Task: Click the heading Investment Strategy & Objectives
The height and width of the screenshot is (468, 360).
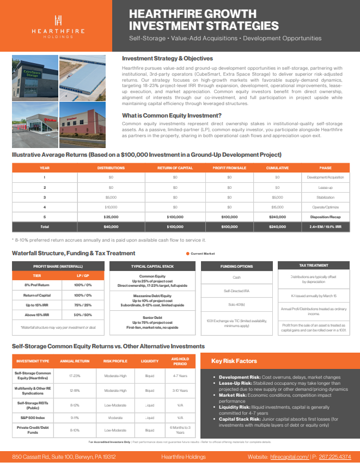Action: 167,58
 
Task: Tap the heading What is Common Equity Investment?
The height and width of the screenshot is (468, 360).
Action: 172,115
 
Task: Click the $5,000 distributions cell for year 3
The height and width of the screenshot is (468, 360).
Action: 111,197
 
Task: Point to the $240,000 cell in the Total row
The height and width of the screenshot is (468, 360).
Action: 277,226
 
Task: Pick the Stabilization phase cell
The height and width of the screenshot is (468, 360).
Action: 325,197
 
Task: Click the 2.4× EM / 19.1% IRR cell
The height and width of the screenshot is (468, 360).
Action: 325,226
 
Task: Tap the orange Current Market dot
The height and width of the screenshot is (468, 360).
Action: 188,254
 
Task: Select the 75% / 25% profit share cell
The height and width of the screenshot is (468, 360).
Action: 82,305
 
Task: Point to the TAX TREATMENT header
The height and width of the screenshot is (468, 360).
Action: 313,266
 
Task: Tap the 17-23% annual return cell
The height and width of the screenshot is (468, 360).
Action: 75,375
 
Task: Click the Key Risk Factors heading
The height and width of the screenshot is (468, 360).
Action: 234,361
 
